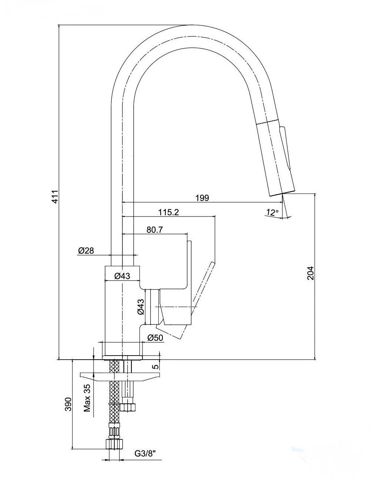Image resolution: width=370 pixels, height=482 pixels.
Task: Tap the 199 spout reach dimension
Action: click(x=202, y=198)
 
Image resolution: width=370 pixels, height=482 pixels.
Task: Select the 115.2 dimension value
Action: click(x=169, y=212)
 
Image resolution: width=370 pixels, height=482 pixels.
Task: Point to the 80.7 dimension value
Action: click(x=155, y=230)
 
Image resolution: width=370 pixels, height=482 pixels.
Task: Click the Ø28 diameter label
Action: click(x=86, y=251)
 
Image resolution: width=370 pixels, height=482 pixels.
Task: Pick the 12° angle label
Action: click(x=272, y=212)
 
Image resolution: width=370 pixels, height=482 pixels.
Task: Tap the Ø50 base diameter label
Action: click(x=155, y=337)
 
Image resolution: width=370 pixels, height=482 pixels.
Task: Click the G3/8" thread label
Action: click(x=145, y=453)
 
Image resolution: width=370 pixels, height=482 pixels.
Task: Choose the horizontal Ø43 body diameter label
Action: click(x=122, y=276)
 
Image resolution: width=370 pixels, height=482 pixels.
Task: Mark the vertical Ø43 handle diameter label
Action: click(x=141, y=307)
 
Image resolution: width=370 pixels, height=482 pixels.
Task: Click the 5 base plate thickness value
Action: click(x=155, y=366)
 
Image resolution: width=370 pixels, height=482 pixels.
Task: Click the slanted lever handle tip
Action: click(x=212, y=264)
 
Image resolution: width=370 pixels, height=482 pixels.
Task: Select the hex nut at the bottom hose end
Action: click(x=114, y=443)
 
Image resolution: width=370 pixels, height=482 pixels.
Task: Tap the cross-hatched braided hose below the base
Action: click(x=115, y=397)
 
